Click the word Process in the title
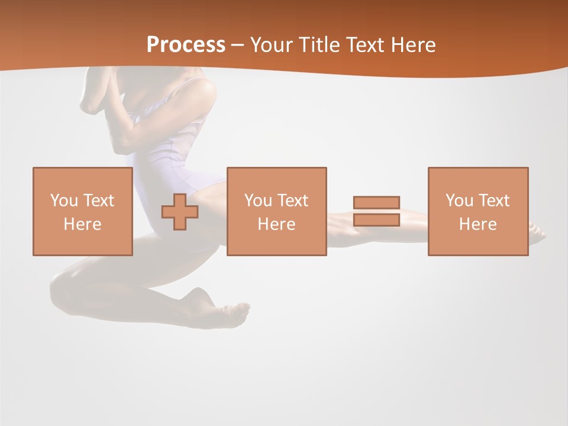[x=186, y=44]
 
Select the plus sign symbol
[x=180, y=212]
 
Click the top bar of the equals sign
[x=376, y=202]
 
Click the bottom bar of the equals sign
[x=376, y=220]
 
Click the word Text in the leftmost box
[x=98, y=201]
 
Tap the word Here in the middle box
[x=277, y=224]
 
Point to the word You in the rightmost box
[x=459, y=201]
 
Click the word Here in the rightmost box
[x=478, y=224]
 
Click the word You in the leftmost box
[x=64, y=201]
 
